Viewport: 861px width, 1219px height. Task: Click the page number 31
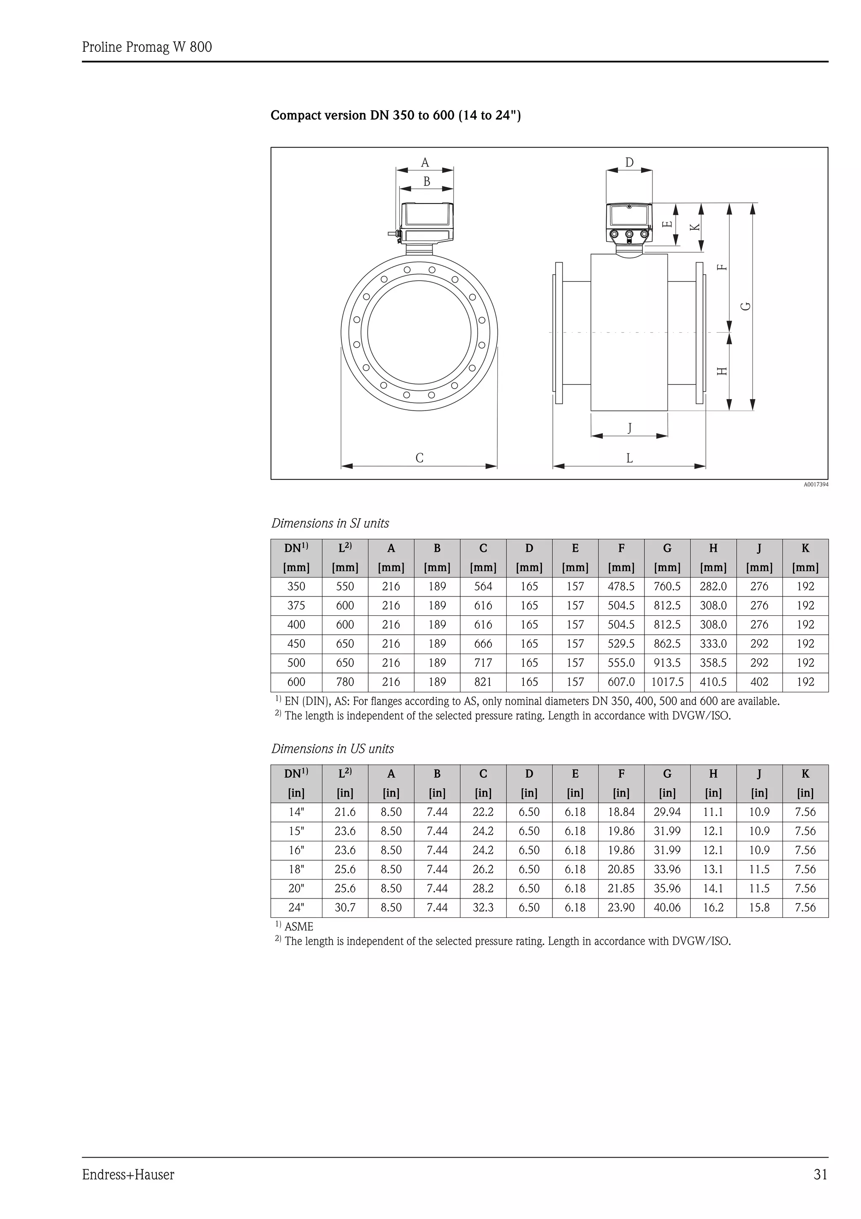pos(820,1174)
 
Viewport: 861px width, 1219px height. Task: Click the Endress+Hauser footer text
pos(128,1174)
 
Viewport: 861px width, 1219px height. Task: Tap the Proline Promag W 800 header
pos(147,47)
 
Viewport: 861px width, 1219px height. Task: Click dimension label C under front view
pos(419,458)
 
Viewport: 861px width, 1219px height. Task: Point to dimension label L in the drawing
pos(629,458)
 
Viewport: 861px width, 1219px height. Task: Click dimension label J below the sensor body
pos(629,427)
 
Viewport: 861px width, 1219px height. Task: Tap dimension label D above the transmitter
pos(629,162)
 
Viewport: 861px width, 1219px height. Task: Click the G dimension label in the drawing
pos(746,306)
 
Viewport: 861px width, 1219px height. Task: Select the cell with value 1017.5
pos(667,682)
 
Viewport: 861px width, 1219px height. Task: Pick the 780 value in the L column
pos(345,682)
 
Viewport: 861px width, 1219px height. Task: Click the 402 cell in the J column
pos(759,682)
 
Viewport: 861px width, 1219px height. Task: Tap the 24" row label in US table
pos(296,907)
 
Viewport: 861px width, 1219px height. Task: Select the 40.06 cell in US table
pos(667,907)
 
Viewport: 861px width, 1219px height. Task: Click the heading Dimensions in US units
pos(333,749)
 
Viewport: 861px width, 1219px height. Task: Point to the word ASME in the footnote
pos(298,927)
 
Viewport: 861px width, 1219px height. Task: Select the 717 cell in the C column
pos(483,662)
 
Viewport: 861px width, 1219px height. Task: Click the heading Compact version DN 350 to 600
pos(396,115)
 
